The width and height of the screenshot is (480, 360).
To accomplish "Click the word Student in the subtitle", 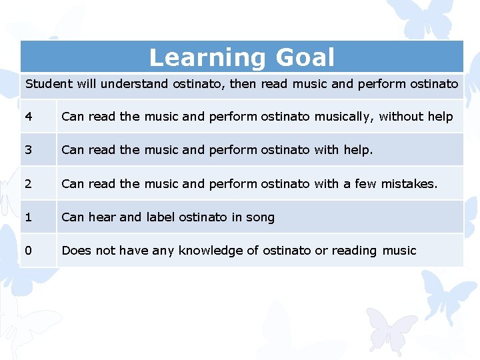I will (49, 84).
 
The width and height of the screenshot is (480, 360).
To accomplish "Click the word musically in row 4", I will (343, 117).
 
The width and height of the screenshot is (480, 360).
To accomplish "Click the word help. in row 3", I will (358, 150).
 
